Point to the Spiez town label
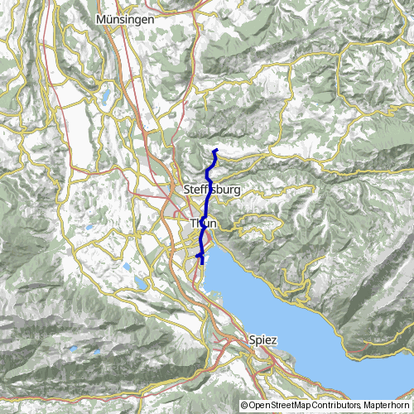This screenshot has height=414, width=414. pyautogui.click(x=263, y=339)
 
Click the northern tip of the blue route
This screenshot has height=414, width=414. pyautogui.click(x=216, y=150)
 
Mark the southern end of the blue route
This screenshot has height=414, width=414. pyautogui.click(x=202, y=264)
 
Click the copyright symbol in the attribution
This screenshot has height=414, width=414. pyautogui.click(x=243, y=406)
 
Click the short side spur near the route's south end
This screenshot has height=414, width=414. pyautogui.click(x=197, y=258)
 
